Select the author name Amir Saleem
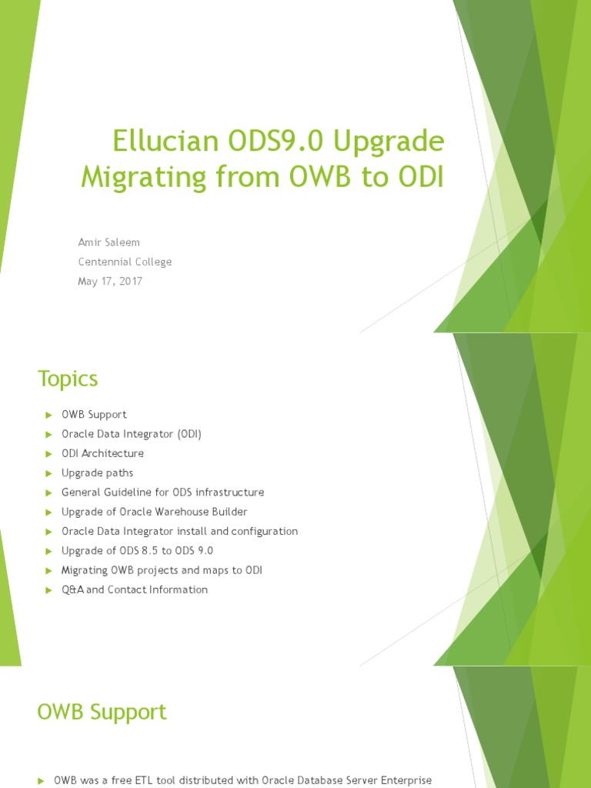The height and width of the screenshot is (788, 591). [109, 242]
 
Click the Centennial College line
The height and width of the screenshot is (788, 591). [125, 262]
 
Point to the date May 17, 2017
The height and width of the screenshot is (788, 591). [110, 282]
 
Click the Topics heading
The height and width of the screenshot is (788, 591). [68, 379]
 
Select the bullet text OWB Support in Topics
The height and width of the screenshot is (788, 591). [94, 415]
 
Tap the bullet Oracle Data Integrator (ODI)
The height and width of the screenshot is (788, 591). [132, 434]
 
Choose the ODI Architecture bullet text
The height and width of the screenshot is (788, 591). [102, 453]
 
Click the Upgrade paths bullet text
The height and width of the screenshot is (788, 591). [97, 472]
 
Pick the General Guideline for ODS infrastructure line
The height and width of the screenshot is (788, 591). [162, 492]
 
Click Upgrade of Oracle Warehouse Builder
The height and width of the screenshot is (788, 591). [154, 512]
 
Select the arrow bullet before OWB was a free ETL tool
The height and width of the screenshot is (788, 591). [41, 781]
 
